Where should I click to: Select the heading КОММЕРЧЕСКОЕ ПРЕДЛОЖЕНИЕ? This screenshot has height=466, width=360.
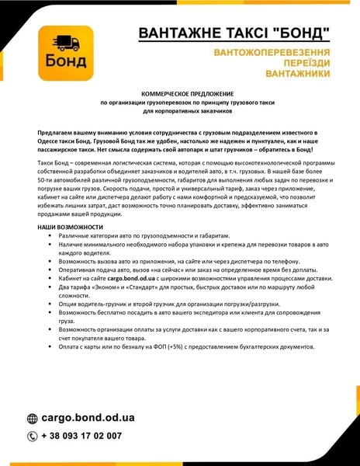pos(180,94)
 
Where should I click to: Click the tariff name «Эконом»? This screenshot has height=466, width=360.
pos(102,286)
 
